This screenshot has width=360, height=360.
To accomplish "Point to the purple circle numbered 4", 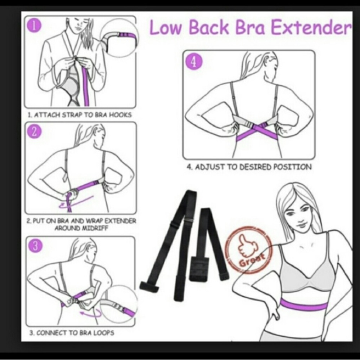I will (x=193, y=62).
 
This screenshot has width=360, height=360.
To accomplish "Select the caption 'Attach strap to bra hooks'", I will (x=80, y=115).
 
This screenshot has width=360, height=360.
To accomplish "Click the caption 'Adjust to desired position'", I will (x=249, y=167).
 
